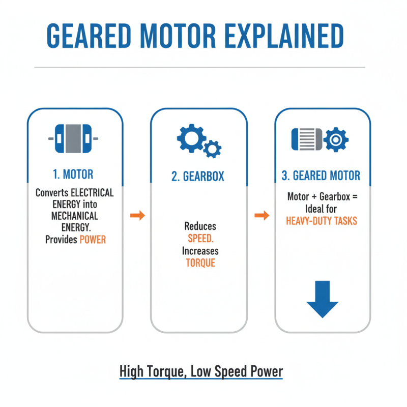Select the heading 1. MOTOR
coord(73,175)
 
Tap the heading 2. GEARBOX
coord(198,177)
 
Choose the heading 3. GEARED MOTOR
coord(321,176)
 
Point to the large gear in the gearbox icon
coord(191,136)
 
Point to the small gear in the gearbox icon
coord(212,148)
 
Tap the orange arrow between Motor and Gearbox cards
coord(137,216)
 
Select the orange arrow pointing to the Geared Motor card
coord(261,216)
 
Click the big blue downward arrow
coord(322,300)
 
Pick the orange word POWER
coord(93,240)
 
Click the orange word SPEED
coord(200,239)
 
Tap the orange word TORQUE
coord(200,263)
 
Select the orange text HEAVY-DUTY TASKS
coord(322,221)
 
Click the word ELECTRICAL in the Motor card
coord(92,193)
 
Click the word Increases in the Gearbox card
coord(200,251)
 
